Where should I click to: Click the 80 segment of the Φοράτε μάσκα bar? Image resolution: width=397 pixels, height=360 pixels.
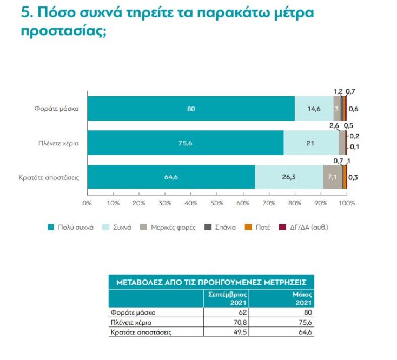click(x=190, y=109)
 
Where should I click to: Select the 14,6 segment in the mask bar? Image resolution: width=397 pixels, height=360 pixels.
click(x=314, y=109)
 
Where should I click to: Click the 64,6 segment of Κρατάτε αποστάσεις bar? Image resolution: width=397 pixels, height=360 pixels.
click(x=171, y=177)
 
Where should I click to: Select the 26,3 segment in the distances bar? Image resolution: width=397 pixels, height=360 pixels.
click(x=289, y=177)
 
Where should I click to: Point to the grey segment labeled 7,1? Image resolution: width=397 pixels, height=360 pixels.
click(x=333, y=177)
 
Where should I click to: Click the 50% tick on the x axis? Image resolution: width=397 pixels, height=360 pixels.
click(x=217, y=203)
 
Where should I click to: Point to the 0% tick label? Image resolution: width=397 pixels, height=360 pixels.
click(x=87, y=203)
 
